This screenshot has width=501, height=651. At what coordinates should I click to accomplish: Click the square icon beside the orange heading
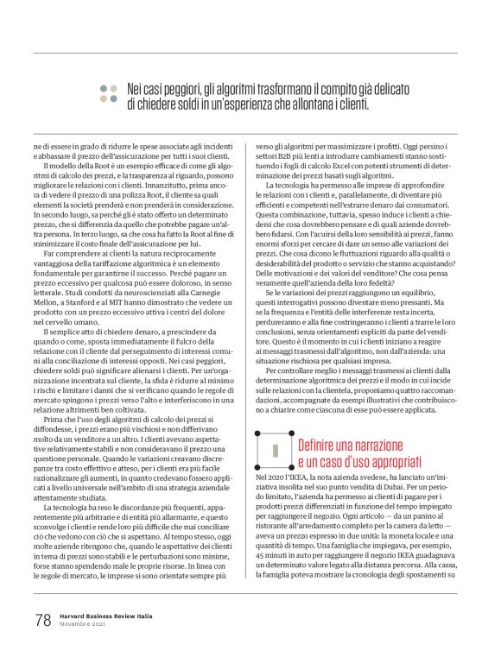coord(274,451)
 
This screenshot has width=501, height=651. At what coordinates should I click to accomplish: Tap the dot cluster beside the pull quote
coord(108,93)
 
